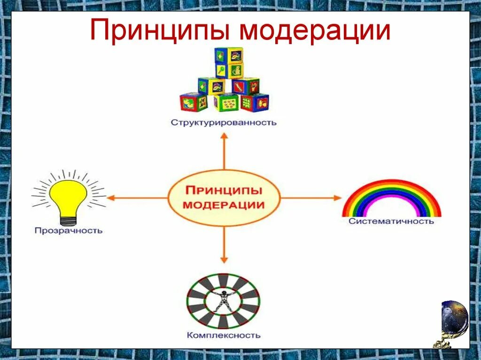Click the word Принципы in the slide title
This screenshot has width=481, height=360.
160,31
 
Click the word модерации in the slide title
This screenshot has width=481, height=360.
314,31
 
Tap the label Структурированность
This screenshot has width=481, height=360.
224,123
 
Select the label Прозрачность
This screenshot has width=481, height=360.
68,230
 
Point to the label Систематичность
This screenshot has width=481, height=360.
391,221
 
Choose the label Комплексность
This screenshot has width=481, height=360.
223,335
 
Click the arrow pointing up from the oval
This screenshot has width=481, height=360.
224,150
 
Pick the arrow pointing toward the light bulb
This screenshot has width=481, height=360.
136,198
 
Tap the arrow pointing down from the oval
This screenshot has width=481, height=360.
224,244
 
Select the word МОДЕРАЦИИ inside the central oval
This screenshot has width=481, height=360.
224,205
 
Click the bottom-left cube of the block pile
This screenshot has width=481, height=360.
193,102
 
